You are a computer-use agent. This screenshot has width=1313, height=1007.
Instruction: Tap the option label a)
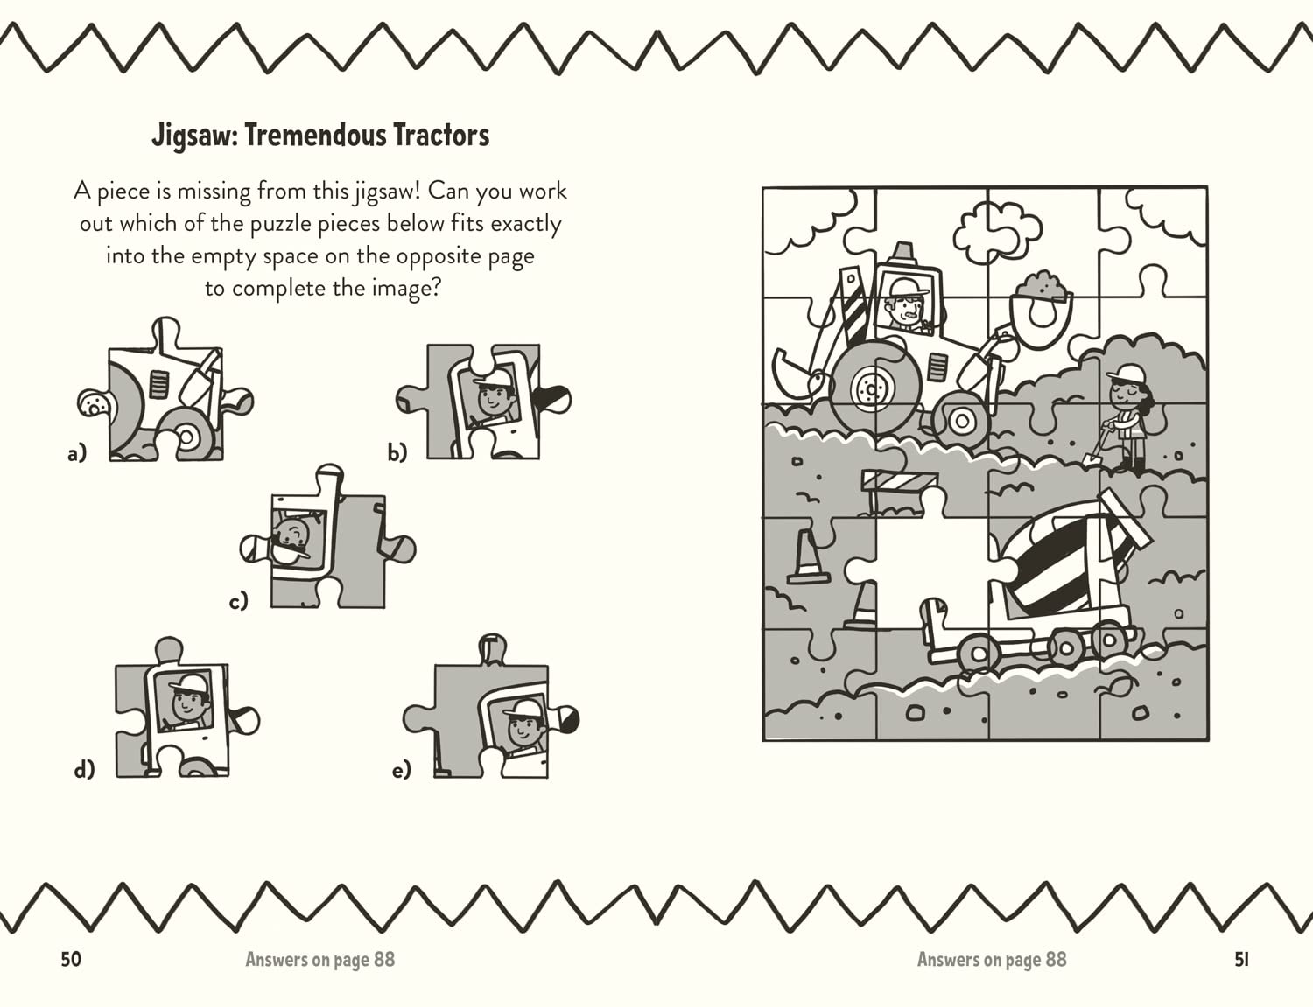point(78,453)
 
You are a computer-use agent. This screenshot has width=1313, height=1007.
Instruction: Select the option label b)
point(397,451)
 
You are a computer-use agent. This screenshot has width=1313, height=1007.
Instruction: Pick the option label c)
point(238,601)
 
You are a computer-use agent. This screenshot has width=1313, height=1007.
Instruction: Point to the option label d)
point(84,769)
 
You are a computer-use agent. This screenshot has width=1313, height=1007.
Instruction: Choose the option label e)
point(401,770)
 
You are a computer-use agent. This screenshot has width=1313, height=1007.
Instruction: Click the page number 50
point(71,959)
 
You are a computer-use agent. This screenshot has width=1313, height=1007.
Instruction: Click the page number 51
point(1241,959)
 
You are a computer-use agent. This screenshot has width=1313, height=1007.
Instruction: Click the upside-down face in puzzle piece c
point(291,537)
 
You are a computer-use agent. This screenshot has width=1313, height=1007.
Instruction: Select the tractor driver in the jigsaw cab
point(907,306)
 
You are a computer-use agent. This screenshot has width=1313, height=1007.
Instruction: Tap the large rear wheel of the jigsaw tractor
point(874,385)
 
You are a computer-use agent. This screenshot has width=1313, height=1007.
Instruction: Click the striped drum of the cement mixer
point(1059,560)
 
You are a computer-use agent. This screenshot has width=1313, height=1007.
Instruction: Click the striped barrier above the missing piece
point(899,482)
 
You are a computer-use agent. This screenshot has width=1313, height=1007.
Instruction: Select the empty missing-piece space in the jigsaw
point(928,560)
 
